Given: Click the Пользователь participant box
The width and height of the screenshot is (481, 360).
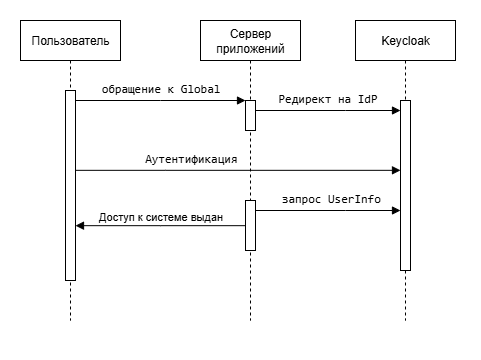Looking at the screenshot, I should pyautogui.click(x=71, y=42).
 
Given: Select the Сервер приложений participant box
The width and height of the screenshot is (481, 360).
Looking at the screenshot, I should pyautogui.click(x=250, y=42).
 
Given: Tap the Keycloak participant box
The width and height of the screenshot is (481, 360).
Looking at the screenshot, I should pyautogui.click(x=405, y=42).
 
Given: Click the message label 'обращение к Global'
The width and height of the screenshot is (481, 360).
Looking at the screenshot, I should pyautogui.click(x=160, y=90).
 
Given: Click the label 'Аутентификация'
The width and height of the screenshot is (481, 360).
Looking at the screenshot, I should pyautogui.click(x=190, y=160).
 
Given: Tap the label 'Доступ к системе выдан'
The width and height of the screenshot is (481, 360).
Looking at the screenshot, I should pyautogui.click(x=161, y=215).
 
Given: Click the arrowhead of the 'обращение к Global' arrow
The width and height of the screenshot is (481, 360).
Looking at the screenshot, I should pyautogui.click(x=240, y=100).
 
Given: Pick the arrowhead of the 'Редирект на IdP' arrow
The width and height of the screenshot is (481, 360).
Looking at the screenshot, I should pyautogui.click(x=396, y=110).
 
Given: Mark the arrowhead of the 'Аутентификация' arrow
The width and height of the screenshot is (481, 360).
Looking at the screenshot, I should pyautogui.click(x=396, y=170).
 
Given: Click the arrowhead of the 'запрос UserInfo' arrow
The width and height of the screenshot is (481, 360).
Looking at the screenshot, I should pyautogui.click(x=396, y=210).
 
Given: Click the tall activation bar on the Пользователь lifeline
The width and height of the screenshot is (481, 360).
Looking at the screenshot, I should pyautogui.click(x=71, y=185).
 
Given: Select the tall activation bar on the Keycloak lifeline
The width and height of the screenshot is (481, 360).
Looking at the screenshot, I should pyautogui.click(x=405, y=185).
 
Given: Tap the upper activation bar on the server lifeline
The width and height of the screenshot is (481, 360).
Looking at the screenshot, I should pyautogui.click(x=250, y=114).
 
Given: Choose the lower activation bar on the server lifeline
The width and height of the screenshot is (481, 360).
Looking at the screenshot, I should pyautogui.click(x=250, y=225).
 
